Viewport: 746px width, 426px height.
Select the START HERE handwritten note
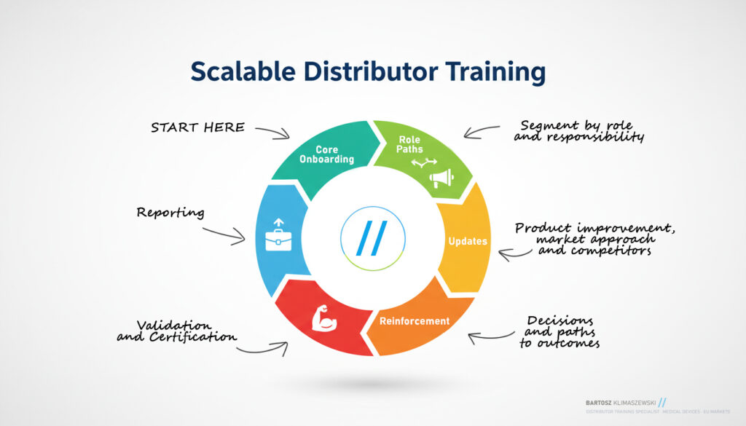(x=197, y=127)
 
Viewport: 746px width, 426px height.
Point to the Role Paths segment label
(x=410, y=144)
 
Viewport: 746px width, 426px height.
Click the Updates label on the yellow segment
(x=468, y=241)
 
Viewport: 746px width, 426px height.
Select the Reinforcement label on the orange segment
(x=415, y=320)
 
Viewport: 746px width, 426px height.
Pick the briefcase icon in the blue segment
(x=278, y=237)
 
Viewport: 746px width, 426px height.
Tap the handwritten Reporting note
(x=170, y=213)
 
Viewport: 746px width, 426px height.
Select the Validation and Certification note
(x=177, y=331)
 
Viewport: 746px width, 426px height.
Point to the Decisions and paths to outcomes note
(x=559, y=332)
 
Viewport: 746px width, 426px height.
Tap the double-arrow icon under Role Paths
(x=423, y=164)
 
